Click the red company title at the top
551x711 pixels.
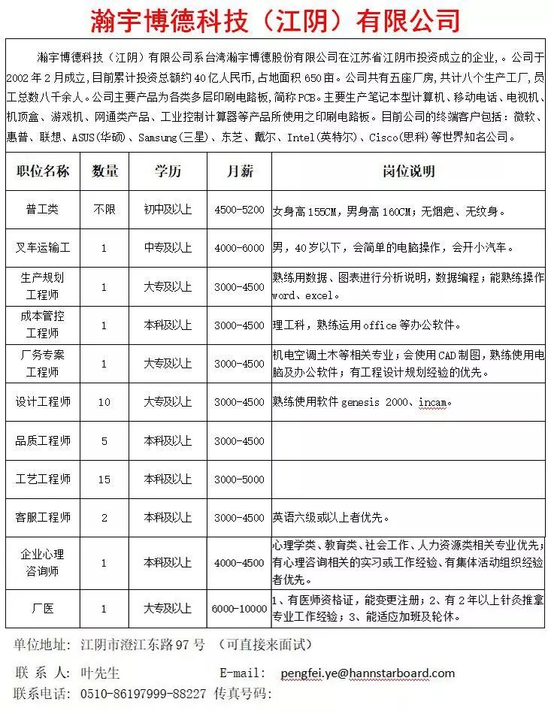point(275,20)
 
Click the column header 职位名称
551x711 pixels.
point(43,171)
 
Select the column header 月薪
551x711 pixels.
point(239,171)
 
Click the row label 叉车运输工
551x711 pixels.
point(43,247)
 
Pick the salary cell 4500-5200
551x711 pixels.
point(239,210)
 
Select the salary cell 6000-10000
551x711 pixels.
point(239,609)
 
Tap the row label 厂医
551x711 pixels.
point(43,609)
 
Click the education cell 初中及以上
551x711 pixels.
point(168,210)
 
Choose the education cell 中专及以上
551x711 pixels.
point(168,247)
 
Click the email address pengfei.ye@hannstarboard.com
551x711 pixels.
point(368,673)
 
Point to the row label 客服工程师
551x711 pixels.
point(43,517)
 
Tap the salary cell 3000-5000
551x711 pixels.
point(239,479)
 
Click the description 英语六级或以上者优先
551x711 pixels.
point(340,518)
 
